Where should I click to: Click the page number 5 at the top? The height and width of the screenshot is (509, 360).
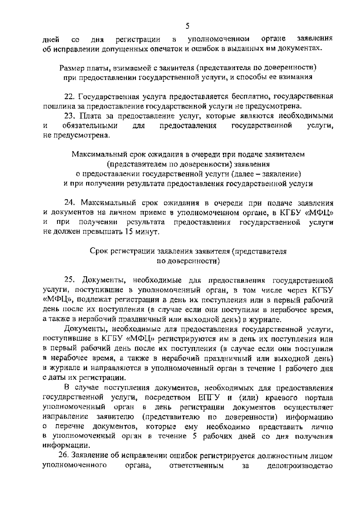187,26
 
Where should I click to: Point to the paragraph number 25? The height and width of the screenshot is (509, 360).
70,280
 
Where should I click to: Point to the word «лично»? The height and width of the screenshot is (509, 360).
323,427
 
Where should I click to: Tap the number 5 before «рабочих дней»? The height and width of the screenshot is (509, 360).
194,436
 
